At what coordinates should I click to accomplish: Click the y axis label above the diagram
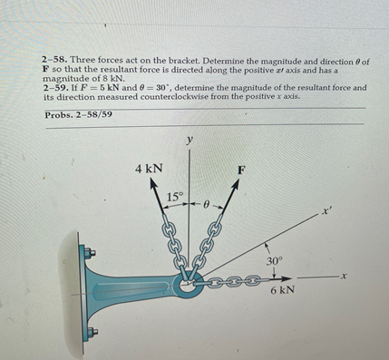pyautogui.click(x=189, y=140)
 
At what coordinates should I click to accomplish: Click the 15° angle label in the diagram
pyautogui.click(x=175, y=197)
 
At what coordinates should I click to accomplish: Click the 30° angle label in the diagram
pyautogui.click(x=276, y=261)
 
